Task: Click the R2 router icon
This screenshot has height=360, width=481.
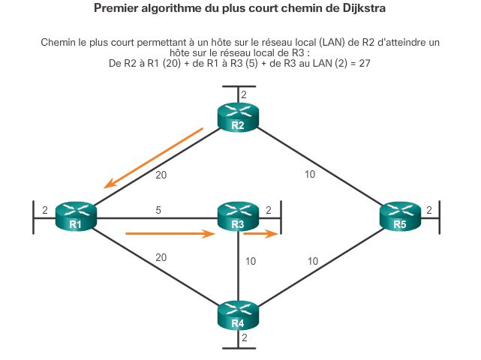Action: point(237,117)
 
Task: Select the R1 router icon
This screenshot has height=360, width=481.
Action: point(76,216)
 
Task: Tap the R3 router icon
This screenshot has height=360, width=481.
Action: point(237,216)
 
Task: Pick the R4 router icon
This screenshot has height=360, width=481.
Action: point(237,315)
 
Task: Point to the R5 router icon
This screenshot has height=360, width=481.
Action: point(399,216)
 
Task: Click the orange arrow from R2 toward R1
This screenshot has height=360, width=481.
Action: point(154,157)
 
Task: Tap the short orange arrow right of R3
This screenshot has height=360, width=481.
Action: point(260,234)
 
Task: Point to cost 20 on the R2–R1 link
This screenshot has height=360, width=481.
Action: point(161,175)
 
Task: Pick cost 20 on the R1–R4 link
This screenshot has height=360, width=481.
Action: point(161,257)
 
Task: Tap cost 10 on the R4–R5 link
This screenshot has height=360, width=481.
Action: point(314,262)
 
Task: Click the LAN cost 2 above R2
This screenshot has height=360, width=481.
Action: point(243,94)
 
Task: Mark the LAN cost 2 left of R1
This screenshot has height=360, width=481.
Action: point(45,211)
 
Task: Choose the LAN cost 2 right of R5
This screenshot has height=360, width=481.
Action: point(429,211)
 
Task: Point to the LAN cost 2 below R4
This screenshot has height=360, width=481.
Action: point(243,338)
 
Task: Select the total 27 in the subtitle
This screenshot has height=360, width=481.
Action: point(364,64)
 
